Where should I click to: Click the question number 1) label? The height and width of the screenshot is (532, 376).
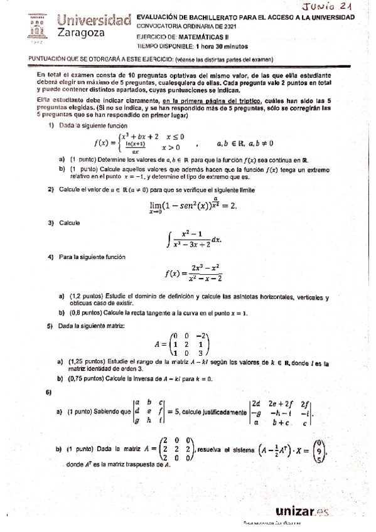tap(51, 126)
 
